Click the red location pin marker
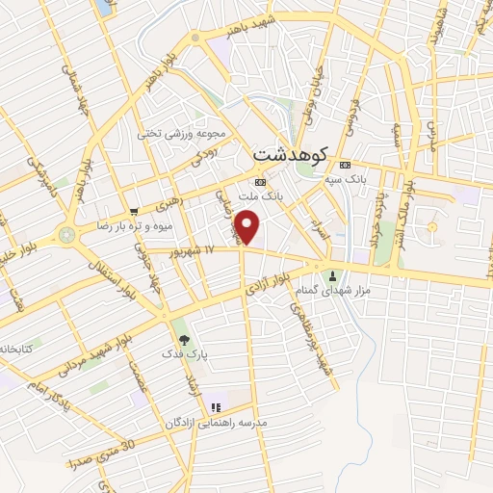(248, 227)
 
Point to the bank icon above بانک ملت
(260, 182)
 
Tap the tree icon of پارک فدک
(184, 339)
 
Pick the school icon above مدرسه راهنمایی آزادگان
(216, 408)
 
